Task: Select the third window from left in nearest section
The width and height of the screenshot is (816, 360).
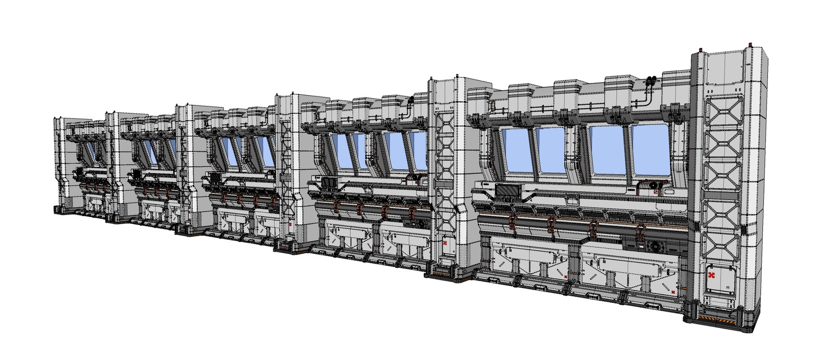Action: click(x=607, y=150)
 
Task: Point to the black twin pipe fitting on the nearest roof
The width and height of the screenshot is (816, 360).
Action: click(x=651, y=82)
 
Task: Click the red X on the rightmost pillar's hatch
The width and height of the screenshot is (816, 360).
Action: click(x=711, y=276)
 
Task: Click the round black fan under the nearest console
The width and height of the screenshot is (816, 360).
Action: click(x=656, y=246)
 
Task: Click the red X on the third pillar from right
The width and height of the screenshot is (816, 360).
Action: click(x=291, y=224)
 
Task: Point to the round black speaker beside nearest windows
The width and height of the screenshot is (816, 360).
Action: click(x=653, y=186)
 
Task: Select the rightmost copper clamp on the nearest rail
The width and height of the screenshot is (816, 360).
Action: click(x=640, y=232)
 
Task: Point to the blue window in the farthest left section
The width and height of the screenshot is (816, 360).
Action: click(x=92, y=152)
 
